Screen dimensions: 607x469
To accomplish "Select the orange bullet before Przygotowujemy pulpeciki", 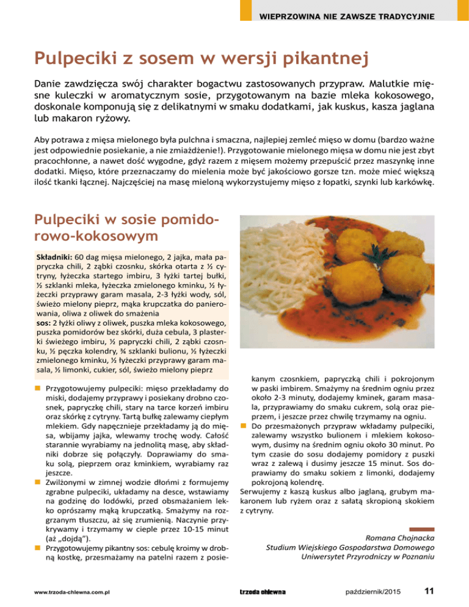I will click(x=38, y=388).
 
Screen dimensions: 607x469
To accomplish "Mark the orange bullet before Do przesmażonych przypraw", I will click(x=243, y=426).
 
